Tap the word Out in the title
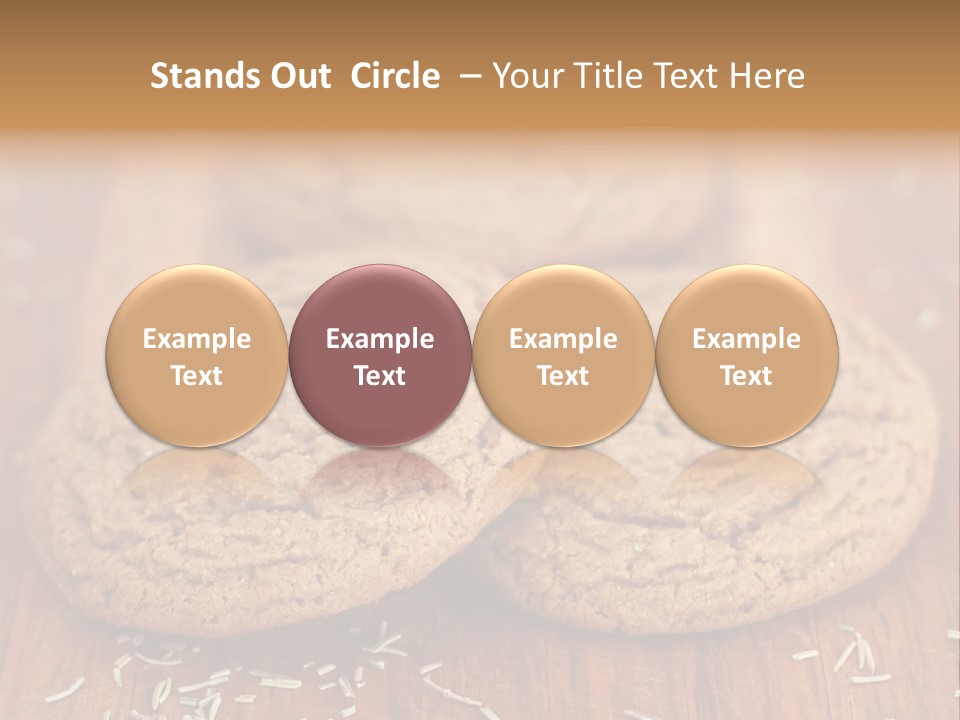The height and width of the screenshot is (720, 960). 298,76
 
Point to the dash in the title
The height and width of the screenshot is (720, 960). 467,77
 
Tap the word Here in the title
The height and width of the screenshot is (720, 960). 767,76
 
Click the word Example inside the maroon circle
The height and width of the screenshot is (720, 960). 380,339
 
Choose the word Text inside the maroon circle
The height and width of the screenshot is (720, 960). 380,376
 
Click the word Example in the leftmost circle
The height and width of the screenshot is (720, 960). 196,339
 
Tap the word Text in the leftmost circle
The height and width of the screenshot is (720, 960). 196,376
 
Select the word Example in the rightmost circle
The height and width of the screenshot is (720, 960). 746,339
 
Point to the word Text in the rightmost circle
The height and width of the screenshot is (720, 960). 746,376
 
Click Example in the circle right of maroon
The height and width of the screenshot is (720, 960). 563,339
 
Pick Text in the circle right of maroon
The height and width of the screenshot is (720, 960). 563,376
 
